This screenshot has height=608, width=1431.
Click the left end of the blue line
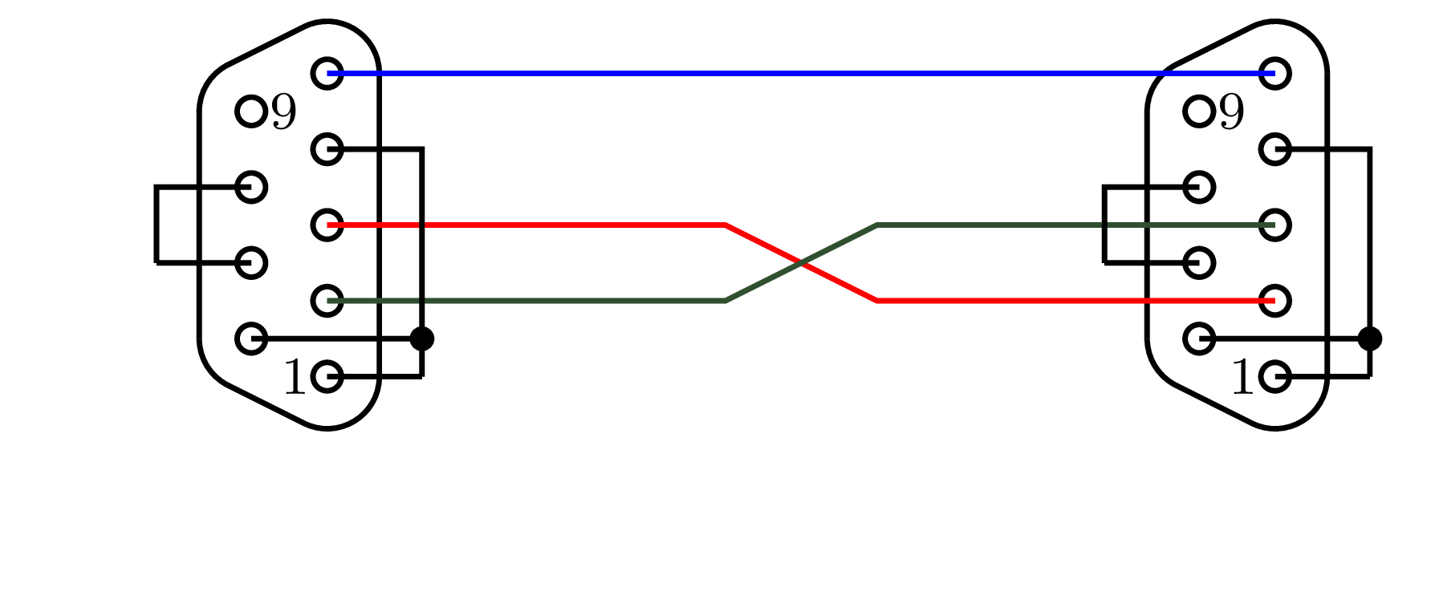[x=327, y=74]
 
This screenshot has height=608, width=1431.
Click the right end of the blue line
[x=1274, y=74]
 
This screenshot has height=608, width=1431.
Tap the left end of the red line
[x=327, y=225]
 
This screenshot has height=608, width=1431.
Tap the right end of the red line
[x=1274, y=301]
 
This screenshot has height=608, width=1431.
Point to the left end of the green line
[x=327, y=301]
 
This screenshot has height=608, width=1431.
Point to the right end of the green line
[x=1274, y=225]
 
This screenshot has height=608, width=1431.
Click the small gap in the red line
[x=422, y=225]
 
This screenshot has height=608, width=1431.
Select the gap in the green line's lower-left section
[x=422, y=301]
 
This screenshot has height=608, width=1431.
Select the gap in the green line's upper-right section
[x=1104, y=225]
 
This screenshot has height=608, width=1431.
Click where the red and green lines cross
[x=802, y=262]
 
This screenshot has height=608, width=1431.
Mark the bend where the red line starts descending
[x=726, y=225]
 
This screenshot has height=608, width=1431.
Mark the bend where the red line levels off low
[x=877, y=301]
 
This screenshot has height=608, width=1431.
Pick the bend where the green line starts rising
[x=726, y=301]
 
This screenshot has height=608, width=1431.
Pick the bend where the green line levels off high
[x=877, y=225]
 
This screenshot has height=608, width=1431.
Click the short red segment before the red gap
[x=373, y=225]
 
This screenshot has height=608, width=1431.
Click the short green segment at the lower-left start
[x=373, y=301]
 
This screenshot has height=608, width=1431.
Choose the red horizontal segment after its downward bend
[x=1075, y=301]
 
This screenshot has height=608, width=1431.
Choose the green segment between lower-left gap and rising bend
[x=575, y=301]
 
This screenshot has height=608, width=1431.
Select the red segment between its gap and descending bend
[x=575, y=225]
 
